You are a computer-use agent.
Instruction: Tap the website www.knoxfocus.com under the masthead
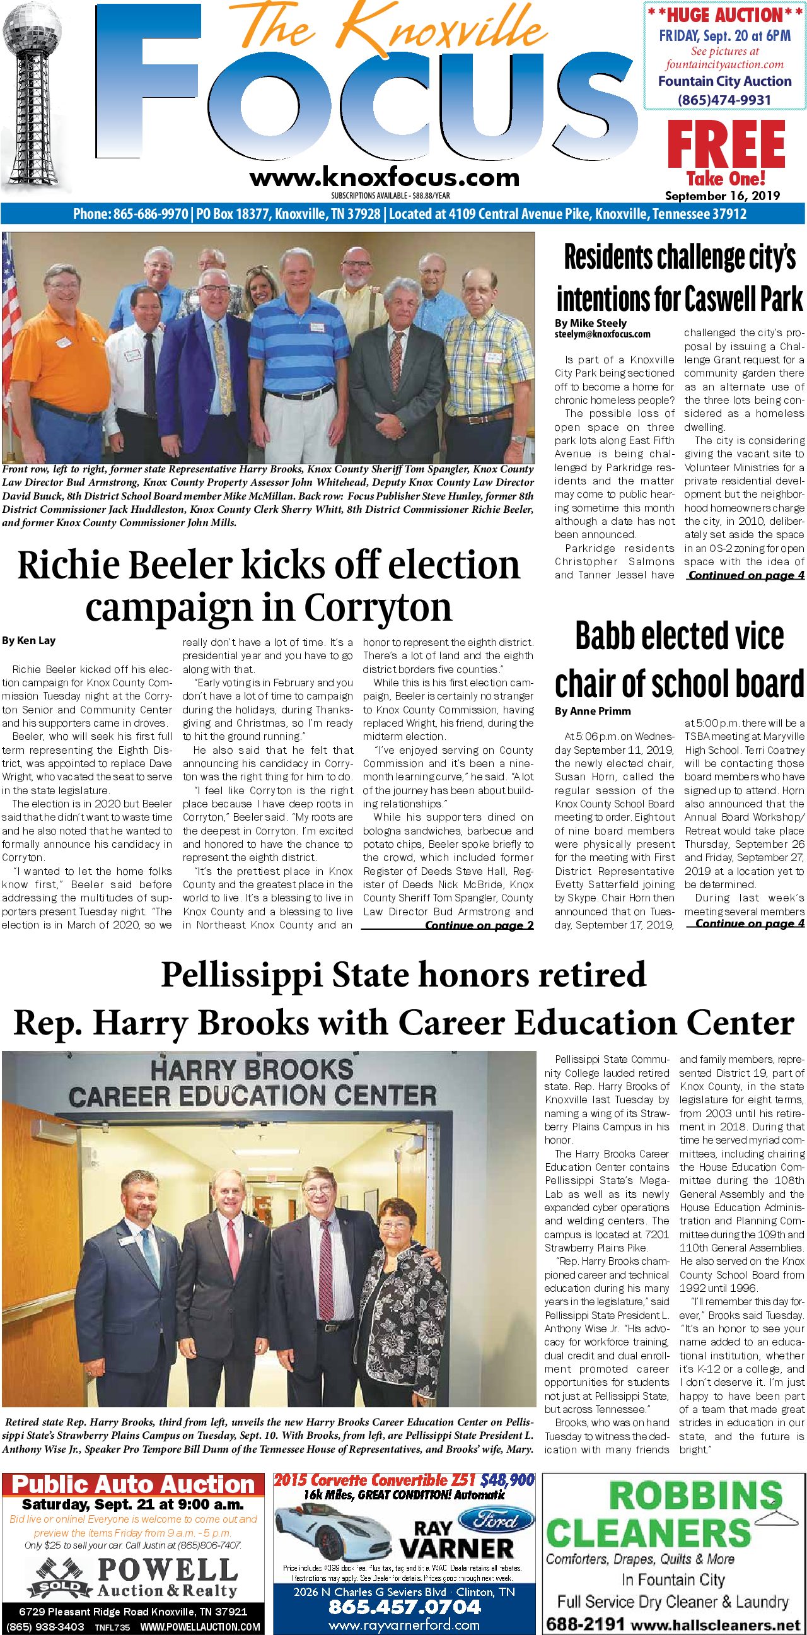(x=384, y=177)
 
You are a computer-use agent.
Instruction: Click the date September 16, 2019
(x=722, y=196)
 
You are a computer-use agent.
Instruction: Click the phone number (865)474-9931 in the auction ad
(x=724, y=100)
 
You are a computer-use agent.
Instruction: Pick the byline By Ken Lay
(x=28, y=640)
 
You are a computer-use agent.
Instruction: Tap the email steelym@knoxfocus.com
(x=602, y=334)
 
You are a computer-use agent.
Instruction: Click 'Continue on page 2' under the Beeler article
(x=479, y=925)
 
